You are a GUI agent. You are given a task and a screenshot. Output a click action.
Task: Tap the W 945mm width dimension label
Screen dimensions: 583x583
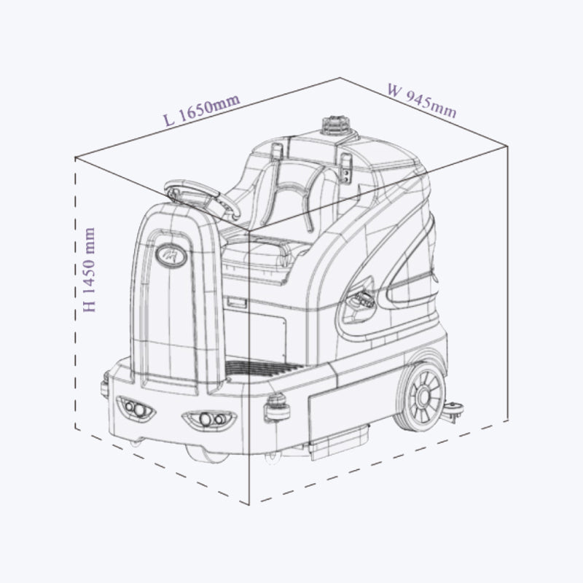tap(422, 101)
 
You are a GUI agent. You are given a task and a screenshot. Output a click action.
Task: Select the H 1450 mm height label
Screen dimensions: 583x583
tap(89, 270)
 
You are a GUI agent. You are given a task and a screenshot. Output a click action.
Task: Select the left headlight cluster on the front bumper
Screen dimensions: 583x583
tap(136, 408)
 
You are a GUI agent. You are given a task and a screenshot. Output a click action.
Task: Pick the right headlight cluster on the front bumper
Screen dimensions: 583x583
tap(209, 420)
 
